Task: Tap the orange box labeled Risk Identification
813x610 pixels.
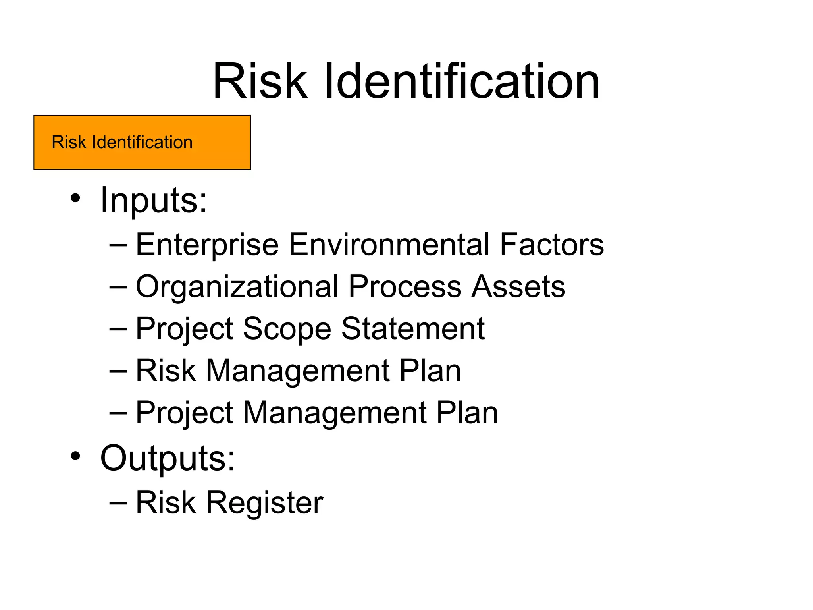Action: coord(142,142)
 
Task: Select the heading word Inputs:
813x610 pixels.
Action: coord(154,200)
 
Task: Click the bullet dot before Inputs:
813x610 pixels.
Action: coord(75,199)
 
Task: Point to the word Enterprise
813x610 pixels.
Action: coord(207,245)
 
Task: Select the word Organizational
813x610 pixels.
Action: coord(237,287)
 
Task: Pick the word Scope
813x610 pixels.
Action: coord(287,329)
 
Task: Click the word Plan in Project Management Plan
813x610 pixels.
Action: coord(467,413)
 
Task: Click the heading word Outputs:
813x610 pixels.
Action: coord(168,458)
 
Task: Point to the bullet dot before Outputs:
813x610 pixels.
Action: coord(75,456)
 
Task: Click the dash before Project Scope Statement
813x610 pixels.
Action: coord(118,329)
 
